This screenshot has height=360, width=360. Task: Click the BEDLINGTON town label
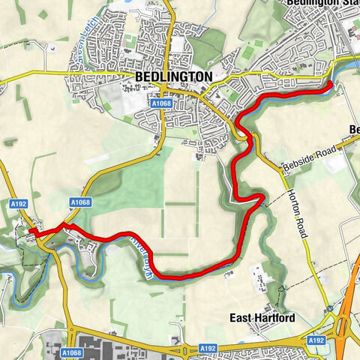174,76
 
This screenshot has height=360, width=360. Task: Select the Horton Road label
295,213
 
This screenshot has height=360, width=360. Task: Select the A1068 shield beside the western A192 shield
79,202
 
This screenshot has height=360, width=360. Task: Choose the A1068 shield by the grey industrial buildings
72,351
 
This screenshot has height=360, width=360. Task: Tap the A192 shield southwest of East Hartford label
208,349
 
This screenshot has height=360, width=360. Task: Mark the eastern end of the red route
331,87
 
